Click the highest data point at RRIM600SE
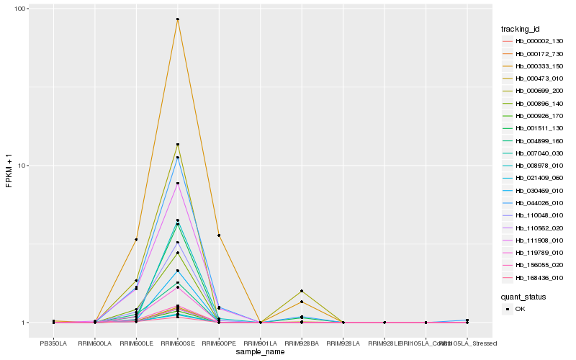(177, 19)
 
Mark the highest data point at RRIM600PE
(219, 235)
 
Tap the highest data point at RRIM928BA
(302, 291)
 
